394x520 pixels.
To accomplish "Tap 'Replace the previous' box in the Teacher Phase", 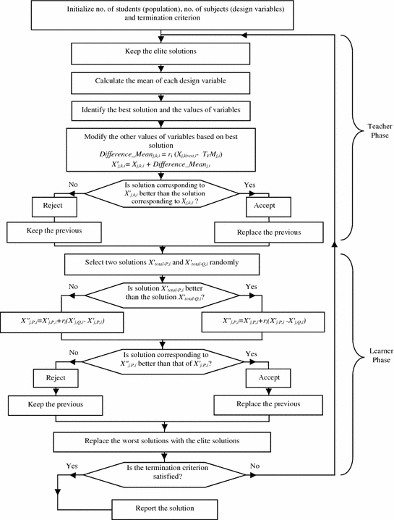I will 269,233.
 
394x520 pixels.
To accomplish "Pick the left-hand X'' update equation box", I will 57,319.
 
